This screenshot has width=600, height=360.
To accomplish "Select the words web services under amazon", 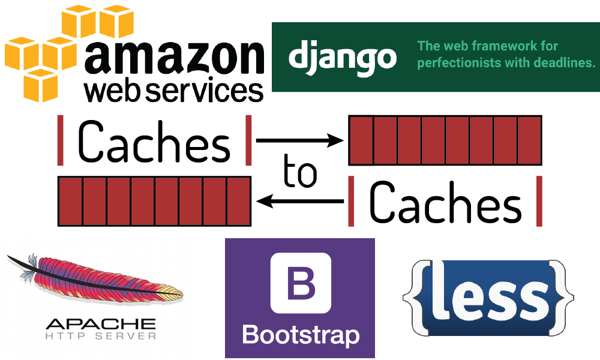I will [x=174, y=91].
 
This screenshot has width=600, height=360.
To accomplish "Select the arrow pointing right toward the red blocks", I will [x=299, y=141].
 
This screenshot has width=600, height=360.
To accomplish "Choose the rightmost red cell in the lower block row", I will [x=238, y=201].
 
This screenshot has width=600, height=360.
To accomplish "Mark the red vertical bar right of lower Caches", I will [x=539, y=201].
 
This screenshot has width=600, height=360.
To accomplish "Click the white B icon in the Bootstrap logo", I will [x=301, y=283].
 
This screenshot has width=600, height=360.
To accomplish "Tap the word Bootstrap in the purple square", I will [x=300, y=334].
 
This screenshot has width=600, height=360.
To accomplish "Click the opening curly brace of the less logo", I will [x=413, y=297].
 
